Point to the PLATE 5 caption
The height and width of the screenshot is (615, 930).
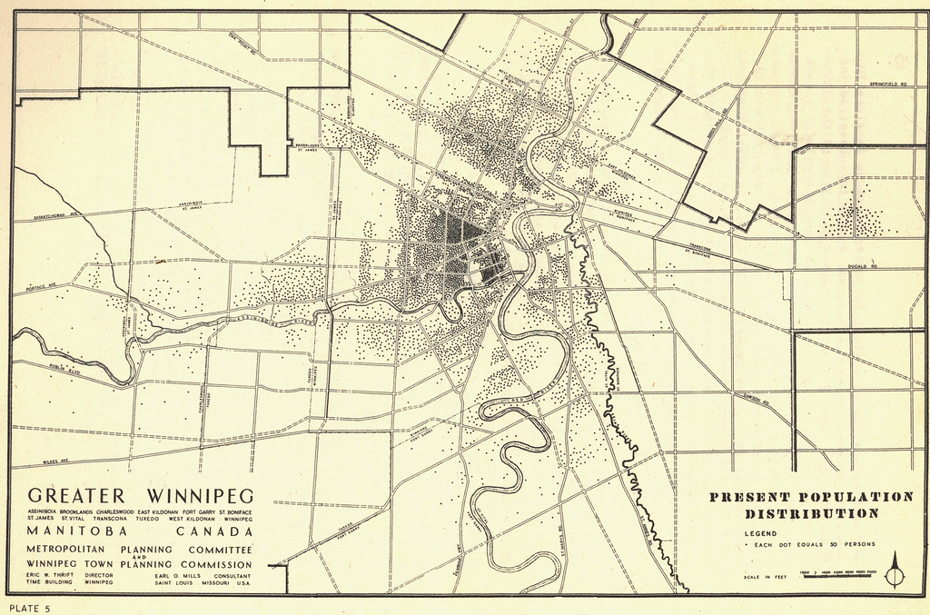pyautogui.click(x=30, y=607)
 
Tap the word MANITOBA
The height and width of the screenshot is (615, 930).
pyautogui.click(x=75, y=531)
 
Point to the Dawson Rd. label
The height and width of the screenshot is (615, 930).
pyautogui.click(x=753, y=398)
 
